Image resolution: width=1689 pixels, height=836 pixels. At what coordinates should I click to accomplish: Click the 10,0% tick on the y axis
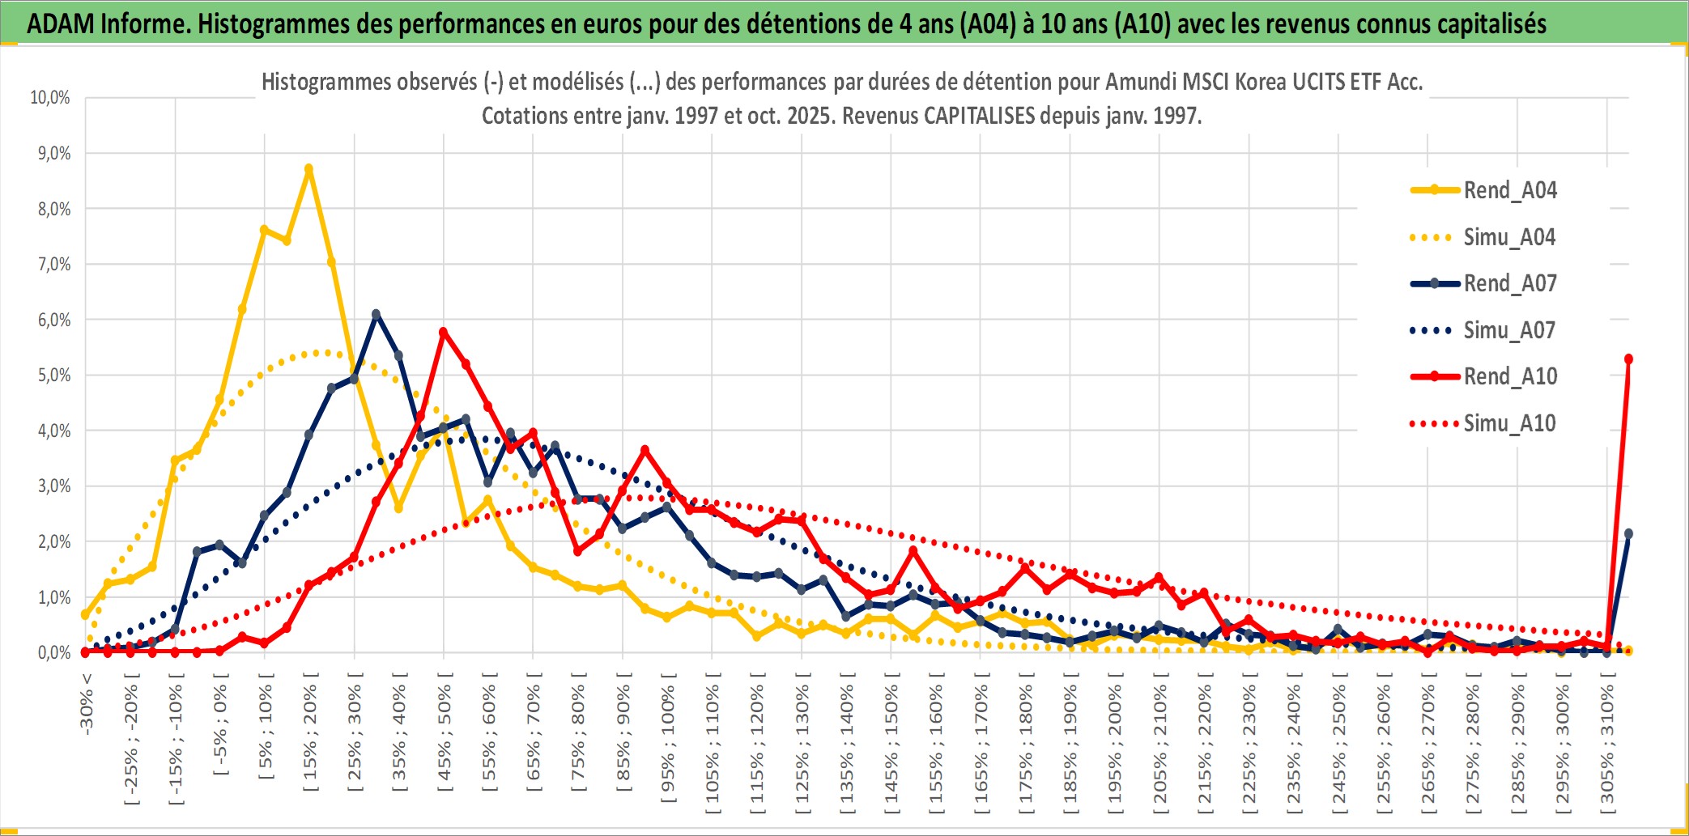tap(50, 98)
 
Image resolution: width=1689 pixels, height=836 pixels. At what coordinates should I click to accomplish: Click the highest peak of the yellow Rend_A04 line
tap(308, 169)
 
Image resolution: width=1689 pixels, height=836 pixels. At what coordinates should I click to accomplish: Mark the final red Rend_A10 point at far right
tap(1628, 359)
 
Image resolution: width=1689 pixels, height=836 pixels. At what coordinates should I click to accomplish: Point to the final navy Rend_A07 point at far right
tap(1628, 534)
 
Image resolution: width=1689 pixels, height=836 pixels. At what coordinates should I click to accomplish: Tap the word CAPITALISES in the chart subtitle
tap(979, 116)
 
